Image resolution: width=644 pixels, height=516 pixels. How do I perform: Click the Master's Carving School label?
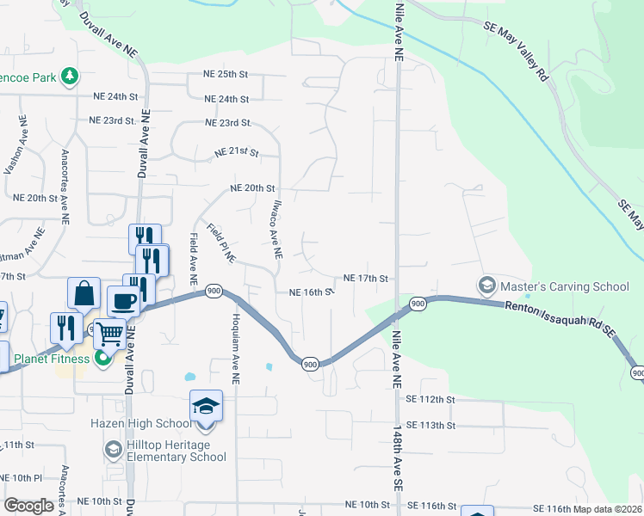point(554,285)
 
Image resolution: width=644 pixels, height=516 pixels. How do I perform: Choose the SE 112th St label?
point(430,400)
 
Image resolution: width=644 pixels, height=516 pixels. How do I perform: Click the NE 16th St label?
point(311,292)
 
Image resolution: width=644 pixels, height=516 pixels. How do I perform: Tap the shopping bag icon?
point(85,294)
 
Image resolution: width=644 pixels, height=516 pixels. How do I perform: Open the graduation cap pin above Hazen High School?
point(207,405)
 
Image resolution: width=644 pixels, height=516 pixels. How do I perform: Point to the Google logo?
point(29,506)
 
